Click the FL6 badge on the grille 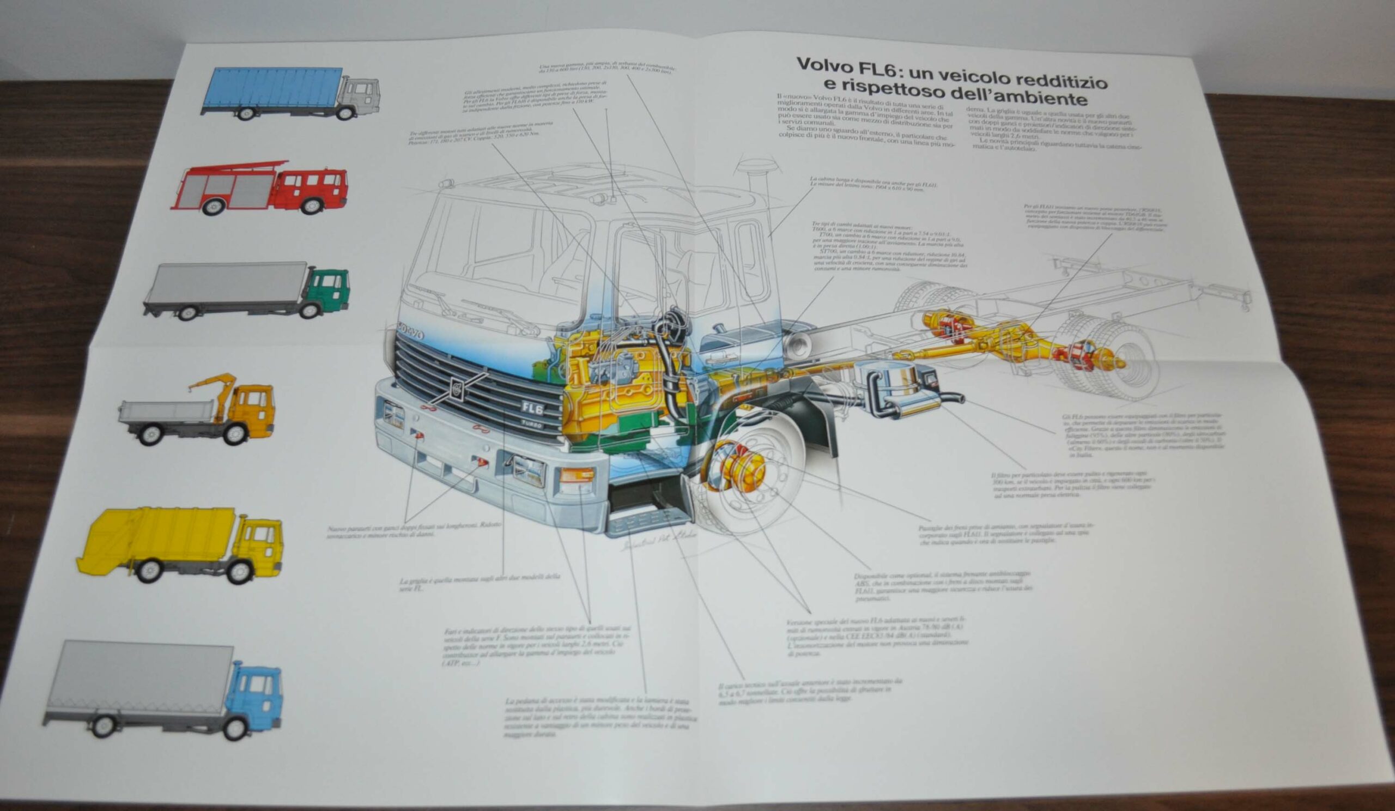coord(532,409)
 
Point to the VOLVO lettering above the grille coord(410,333)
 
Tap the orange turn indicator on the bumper coord(577,475)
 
